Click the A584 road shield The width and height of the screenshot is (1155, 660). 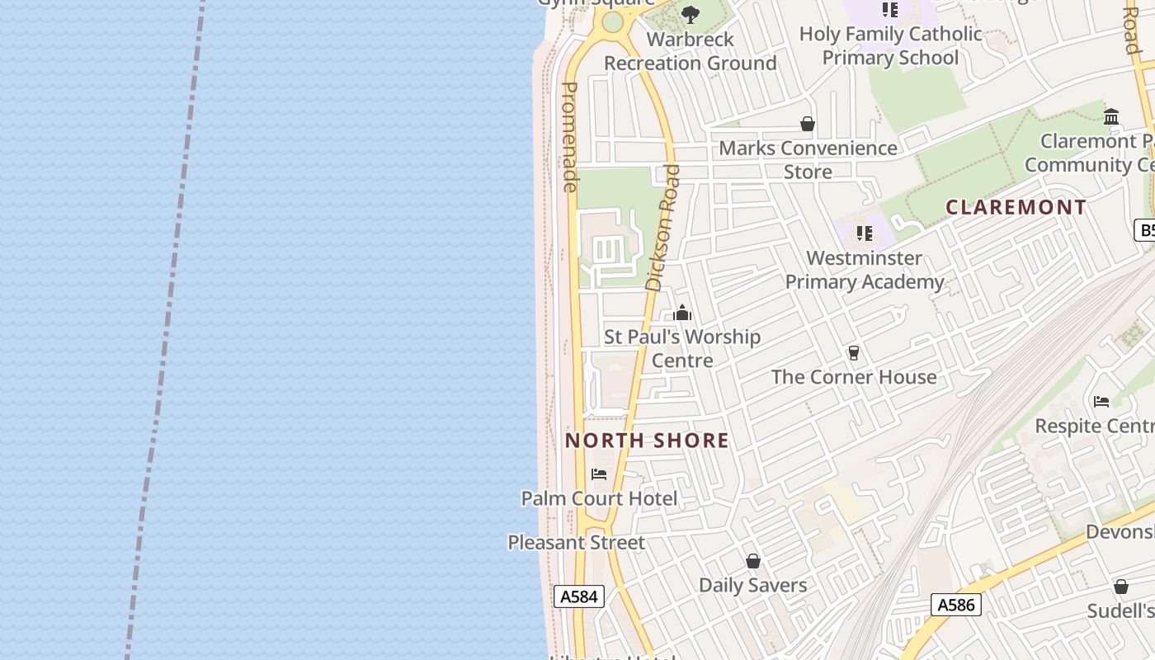point(578,596)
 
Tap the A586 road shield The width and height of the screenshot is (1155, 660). point(957,605)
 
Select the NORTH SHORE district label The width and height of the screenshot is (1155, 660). point(647,441)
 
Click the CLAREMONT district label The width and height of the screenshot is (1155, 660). point(1016,207)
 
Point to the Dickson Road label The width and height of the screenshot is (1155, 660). point(664,228)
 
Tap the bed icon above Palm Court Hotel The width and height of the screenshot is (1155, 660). point(599,474)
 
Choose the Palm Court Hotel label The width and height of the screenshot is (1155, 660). point(599,498)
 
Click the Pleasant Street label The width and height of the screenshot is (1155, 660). point(576,543)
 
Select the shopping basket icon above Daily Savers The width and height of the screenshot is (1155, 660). point(752,562)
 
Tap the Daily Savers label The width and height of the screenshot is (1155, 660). point(752,586)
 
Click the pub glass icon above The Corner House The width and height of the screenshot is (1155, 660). point(854,353)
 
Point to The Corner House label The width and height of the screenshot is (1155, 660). point(854,377)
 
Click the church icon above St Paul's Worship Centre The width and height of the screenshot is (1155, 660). point(682,313)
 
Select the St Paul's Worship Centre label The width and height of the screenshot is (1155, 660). point(682,348)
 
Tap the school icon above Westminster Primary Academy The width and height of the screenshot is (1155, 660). point(865,233)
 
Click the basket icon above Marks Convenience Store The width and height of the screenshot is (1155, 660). point(808,125)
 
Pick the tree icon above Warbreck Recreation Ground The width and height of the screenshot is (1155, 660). point(691,15)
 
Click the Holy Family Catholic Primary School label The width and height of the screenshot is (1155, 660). point(890,45)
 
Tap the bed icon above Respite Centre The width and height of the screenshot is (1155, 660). point(1101,402)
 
